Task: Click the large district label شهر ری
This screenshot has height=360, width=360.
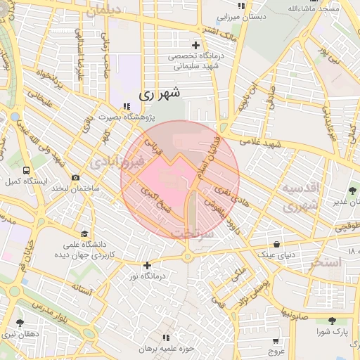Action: pos(160,92)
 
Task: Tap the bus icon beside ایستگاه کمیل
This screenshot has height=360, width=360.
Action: pos(26,170)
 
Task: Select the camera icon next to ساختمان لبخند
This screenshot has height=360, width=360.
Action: pos(76,177)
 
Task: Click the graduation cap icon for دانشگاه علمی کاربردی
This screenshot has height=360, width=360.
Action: pos(85,234)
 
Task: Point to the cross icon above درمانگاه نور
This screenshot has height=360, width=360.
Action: pos(146,265)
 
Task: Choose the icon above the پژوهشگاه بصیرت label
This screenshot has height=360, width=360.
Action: pos(127,107)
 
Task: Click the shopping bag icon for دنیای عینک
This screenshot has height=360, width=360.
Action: pos(277,245)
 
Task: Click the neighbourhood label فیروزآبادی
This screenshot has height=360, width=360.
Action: pos(117,162)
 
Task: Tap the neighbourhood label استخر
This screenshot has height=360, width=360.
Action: pos(324,263)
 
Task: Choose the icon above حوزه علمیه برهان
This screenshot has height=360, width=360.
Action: pos(167,338)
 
